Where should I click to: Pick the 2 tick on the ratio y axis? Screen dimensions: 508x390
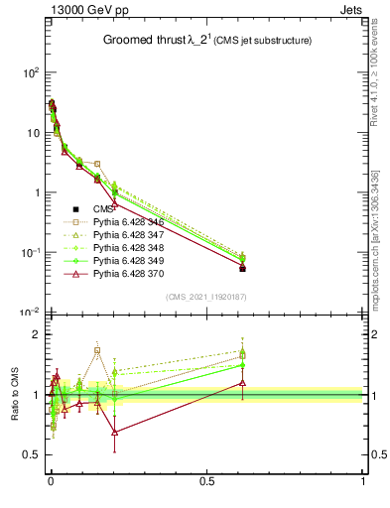tap(35, 334)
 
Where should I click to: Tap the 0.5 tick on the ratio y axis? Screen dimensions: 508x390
tap(30, 454)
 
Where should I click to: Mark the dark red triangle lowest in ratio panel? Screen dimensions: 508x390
tap(115, 433)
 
